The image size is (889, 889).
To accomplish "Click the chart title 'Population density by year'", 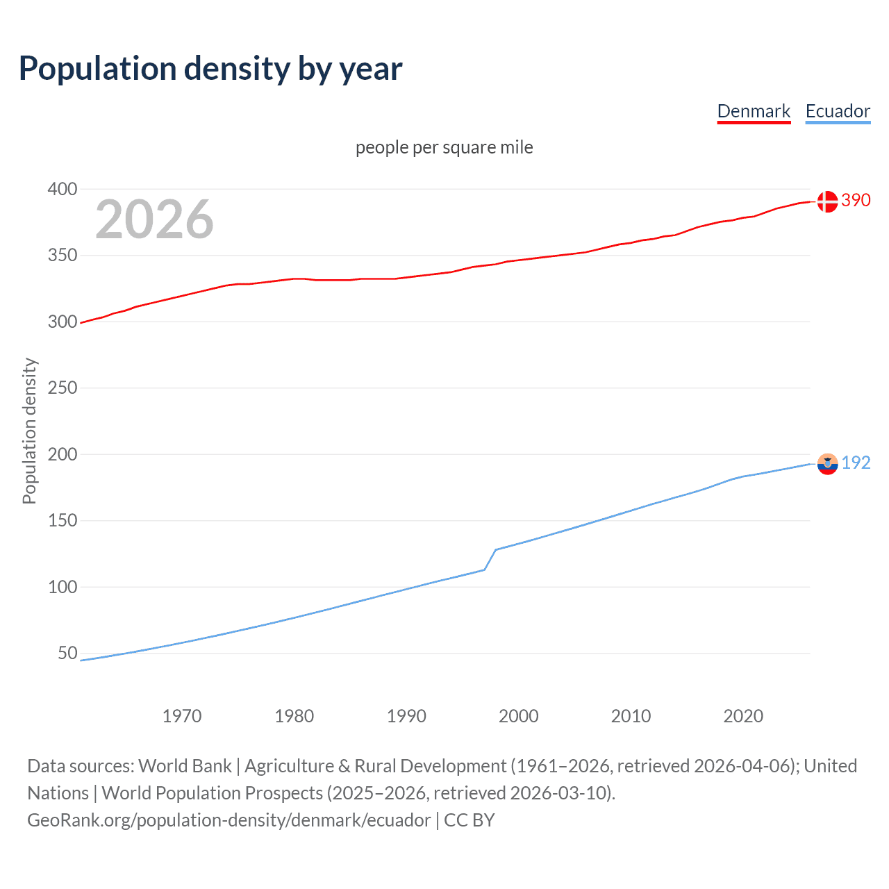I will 210,69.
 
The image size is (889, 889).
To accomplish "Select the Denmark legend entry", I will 754,111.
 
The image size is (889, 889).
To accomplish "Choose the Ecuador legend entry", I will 838,111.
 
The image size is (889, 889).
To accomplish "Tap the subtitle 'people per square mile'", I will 444,147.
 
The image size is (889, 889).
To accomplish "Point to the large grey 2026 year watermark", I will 154,219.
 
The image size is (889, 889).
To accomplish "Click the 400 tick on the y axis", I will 63,189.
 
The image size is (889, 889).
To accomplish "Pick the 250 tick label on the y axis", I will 63,388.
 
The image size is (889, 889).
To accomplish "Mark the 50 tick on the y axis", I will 67,653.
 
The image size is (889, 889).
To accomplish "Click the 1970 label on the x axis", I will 182,716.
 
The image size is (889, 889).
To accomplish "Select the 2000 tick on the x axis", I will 519,716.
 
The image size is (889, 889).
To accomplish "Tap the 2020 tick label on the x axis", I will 743,716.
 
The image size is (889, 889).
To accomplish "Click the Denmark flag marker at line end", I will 827,201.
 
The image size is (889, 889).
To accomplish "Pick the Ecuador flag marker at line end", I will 827,464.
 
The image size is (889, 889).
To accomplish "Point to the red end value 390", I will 856,200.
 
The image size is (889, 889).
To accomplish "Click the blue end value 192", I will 856,463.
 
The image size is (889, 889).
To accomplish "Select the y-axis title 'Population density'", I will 29,431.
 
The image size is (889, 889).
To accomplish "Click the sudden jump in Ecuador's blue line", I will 490,559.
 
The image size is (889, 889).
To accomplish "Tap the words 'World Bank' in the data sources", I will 185,766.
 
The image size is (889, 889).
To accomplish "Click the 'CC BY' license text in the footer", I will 470,820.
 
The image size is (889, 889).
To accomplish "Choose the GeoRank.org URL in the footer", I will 229,820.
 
